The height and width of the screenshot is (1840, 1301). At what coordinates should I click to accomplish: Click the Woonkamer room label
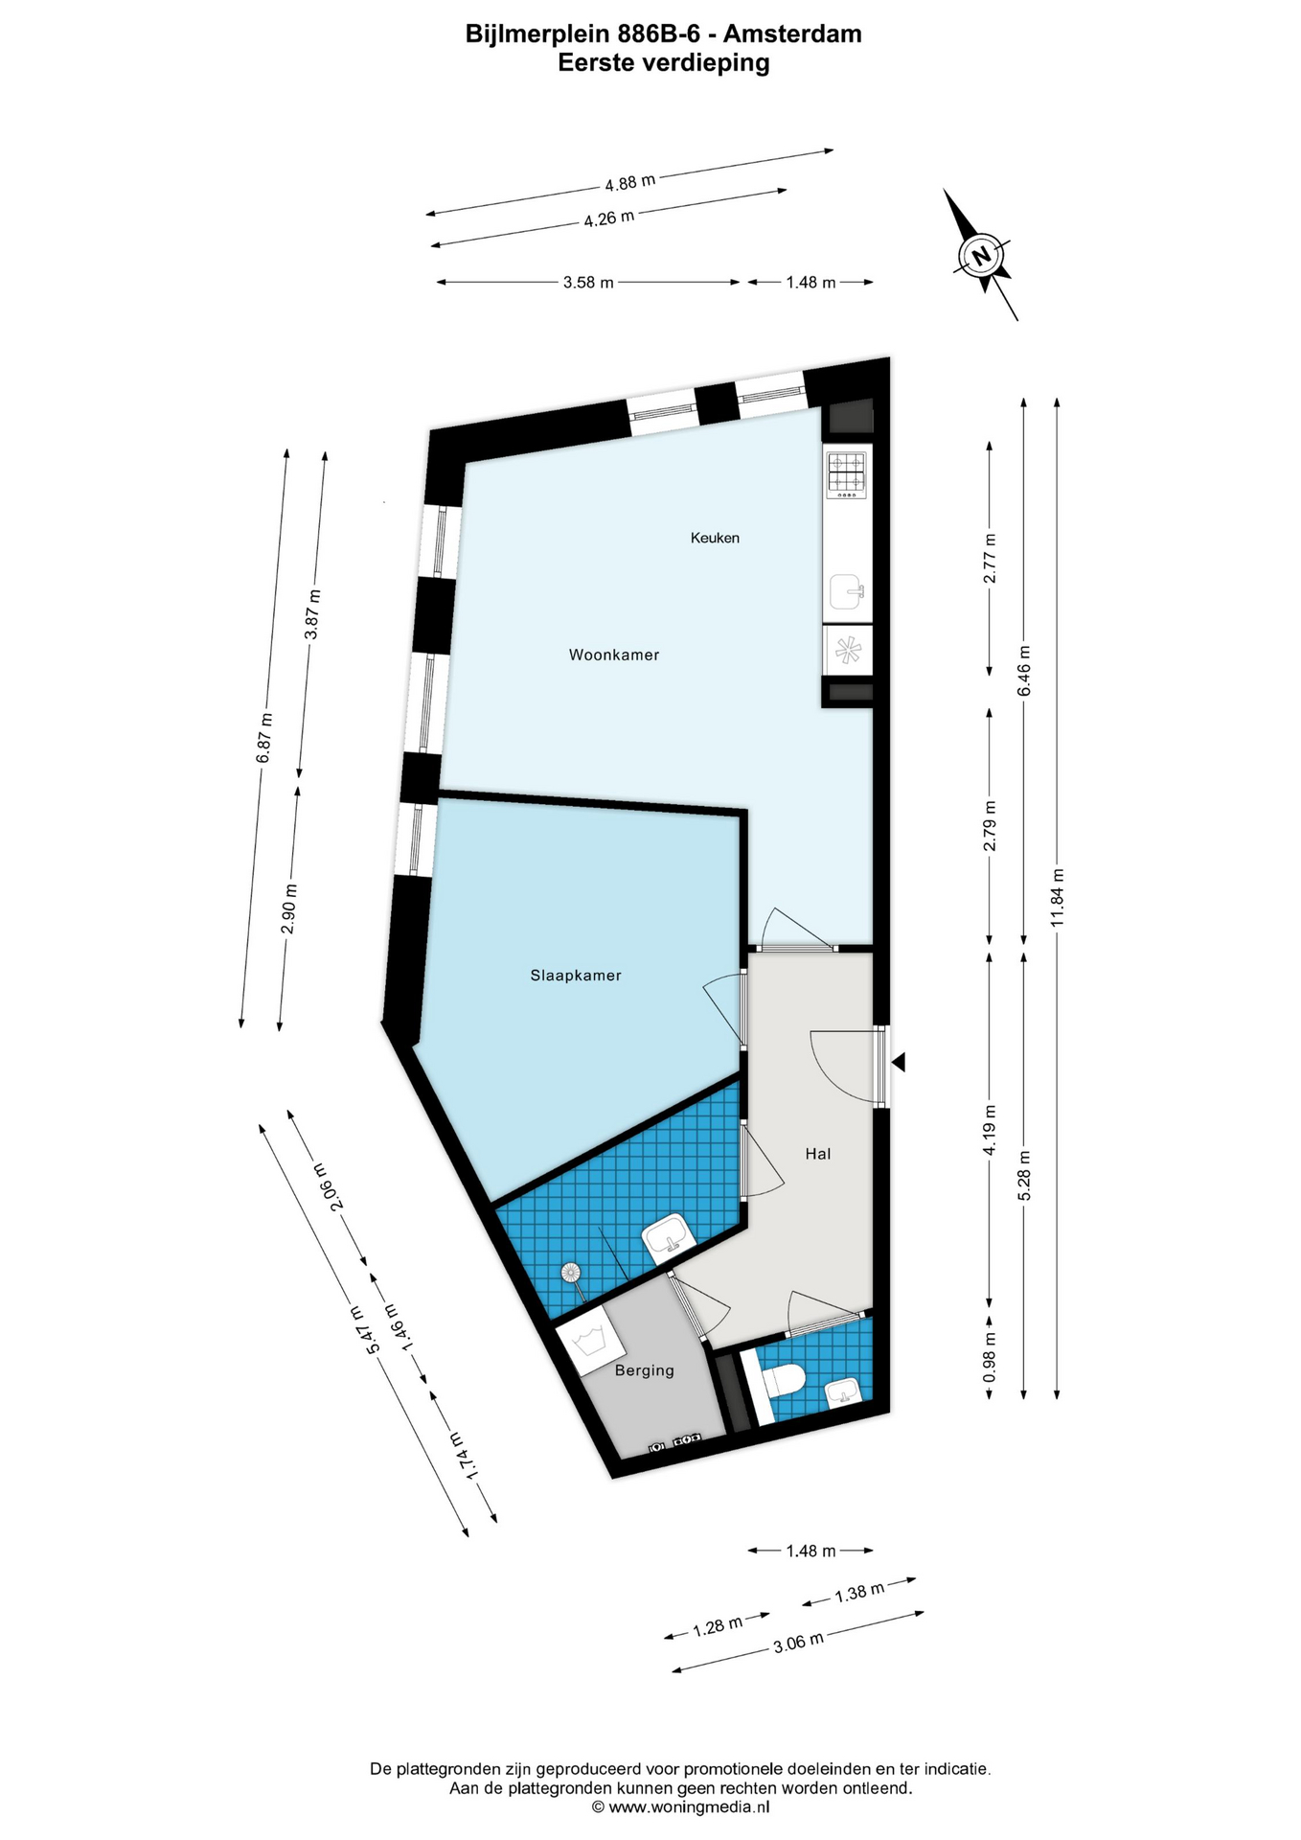coord(614,655)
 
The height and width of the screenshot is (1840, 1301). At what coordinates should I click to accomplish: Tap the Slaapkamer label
coord(576,976)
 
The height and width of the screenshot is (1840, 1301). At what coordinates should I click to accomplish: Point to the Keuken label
coord(715,539)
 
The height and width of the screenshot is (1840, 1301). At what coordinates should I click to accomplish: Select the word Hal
coord(817,1154)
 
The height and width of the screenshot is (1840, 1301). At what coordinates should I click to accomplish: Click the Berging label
coord(645,1370)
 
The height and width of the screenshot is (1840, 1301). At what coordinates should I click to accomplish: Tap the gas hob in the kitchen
coord(847,474)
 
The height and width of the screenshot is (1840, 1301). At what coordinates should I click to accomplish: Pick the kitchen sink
coord(848,592)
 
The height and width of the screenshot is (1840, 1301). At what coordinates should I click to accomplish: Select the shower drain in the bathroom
coord(571,1273)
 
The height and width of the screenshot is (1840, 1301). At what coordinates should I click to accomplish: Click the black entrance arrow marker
coord(898,1062)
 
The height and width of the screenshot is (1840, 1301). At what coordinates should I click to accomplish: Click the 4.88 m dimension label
coord(629,181)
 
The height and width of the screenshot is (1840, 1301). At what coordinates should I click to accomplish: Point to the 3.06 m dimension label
coord(798,1643)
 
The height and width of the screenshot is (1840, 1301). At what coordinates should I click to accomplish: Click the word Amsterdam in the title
coord(792,34)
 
